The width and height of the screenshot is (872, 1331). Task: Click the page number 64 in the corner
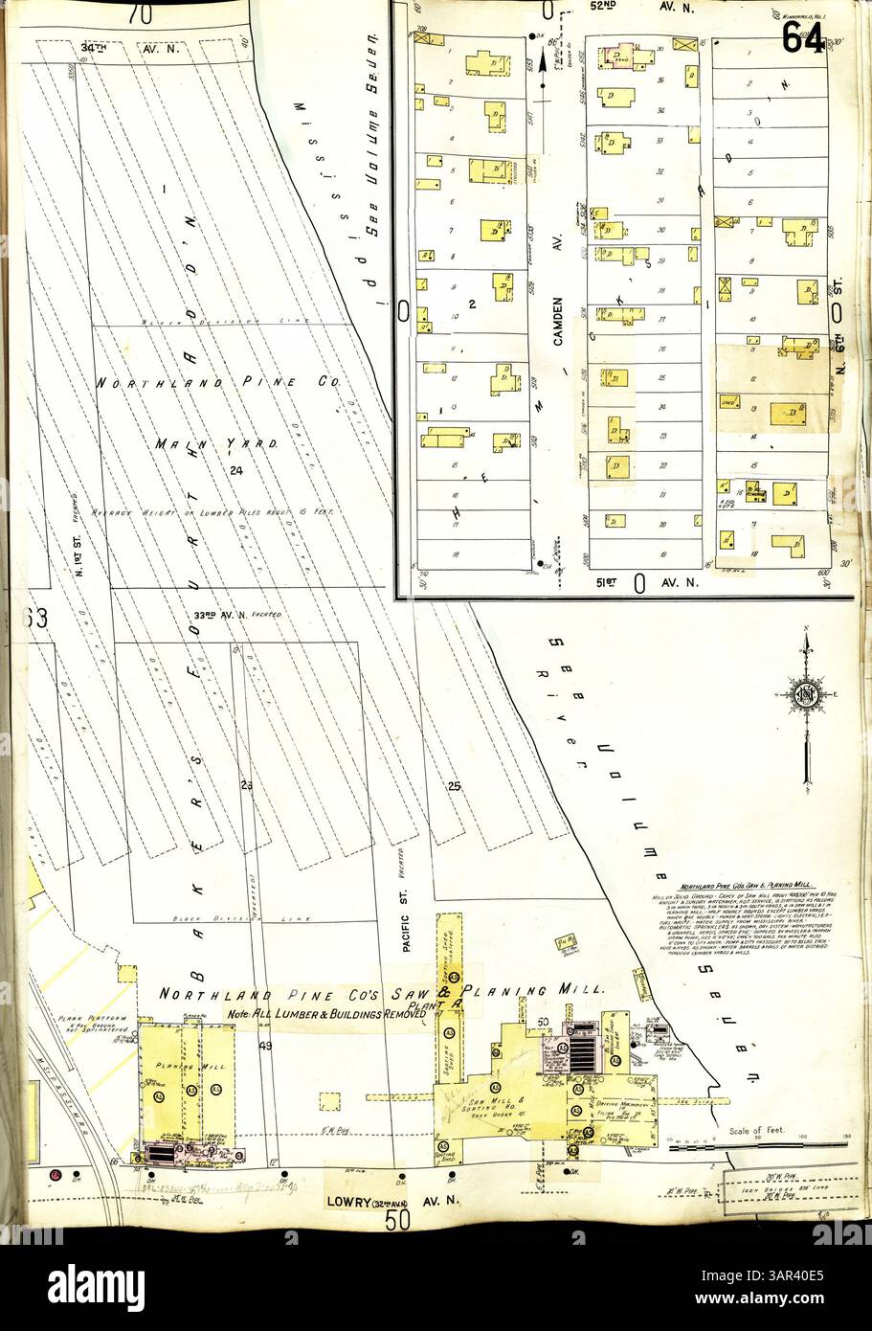point(802,37)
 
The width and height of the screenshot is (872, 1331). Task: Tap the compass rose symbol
point(807,695)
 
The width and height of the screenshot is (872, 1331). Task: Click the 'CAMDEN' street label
point(556,320)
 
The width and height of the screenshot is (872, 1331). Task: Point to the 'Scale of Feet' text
point(757,1130)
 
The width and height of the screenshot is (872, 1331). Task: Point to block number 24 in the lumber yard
point(235,468)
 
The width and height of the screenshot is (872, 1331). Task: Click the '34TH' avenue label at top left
point(93,46)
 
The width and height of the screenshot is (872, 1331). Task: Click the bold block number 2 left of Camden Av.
point(471,304)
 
